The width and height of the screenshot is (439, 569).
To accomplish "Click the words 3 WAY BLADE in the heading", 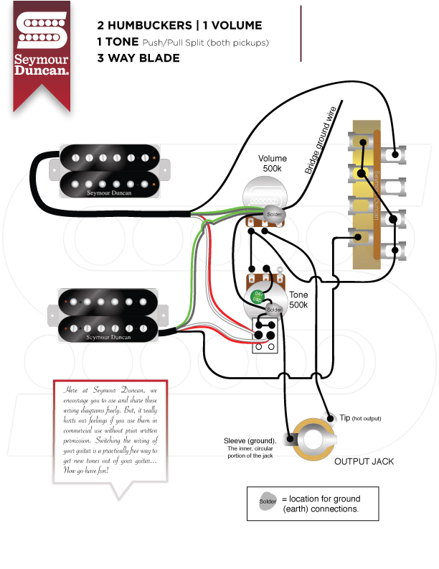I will (x=138, y=58).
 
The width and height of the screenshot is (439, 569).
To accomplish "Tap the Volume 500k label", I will (x=273, y=164).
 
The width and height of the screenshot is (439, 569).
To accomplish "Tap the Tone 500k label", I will (x=298, y=300).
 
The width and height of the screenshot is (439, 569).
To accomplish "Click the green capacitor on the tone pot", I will (x=255, y=295).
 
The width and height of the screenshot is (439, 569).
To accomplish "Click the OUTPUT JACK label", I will (x=364, y=461).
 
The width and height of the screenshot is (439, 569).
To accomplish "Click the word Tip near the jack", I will (x=345, y=417).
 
